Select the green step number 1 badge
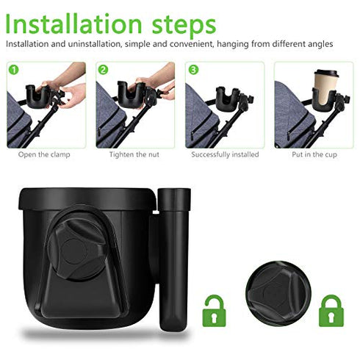(12, 70)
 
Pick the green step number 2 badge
(103, 70)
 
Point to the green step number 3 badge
(192, 70)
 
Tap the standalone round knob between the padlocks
(273, 292)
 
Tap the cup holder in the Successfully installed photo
(228, 98)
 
